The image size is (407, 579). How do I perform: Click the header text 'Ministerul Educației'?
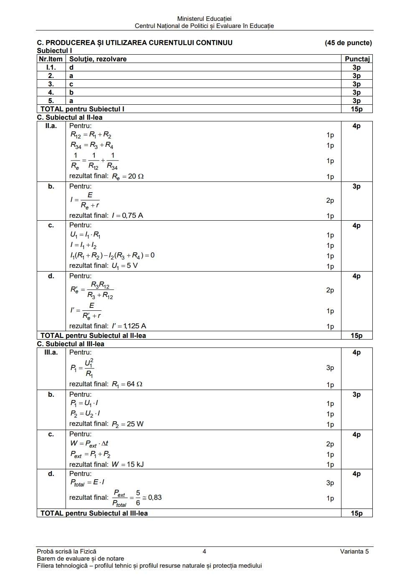[204, 19]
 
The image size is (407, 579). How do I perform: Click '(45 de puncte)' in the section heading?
[348, 43]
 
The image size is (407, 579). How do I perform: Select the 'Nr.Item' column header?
[51, 59]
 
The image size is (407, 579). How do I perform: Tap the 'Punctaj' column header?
[357, 59]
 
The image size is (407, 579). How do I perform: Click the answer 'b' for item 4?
[71, 93]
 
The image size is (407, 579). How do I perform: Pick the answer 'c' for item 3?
[71, 84]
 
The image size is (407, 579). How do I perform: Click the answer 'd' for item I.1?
[71, 68]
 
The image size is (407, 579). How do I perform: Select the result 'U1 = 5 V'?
[124, 266]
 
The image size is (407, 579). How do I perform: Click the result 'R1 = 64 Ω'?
[127, 384]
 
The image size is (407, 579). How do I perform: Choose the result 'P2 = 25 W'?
[127, 424]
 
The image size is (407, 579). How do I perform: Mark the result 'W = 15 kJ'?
[127, 464]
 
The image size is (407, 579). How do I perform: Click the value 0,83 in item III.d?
[155, 498]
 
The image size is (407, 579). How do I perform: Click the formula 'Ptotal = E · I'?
[87, 483]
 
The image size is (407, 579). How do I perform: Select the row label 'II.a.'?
[51, 126]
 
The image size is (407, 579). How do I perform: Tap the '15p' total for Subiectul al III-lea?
[356, 514]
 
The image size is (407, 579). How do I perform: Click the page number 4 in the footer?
[204, 551]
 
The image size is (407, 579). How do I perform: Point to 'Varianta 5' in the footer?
[354, 551]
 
